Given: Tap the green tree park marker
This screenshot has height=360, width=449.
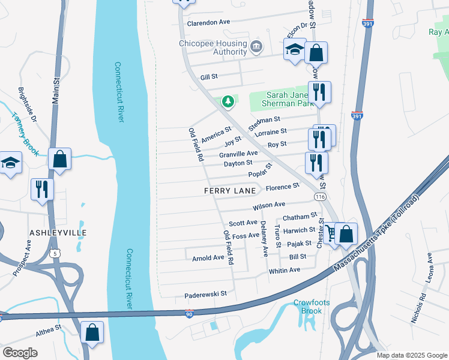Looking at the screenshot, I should (228, 102).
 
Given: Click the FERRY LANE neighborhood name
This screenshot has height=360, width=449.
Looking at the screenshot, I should (230, 191).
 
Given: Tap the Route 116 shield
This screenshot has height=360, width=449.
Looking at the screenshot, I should (321, 197).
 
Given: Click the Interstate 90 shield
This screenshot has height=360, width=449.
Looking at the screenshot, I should (189, 314).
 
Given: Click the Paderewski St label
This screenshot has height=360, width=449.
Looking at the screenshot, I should (205, 294).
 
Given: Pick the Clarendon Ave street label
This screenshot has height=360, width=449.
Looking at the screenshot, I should (209, 22).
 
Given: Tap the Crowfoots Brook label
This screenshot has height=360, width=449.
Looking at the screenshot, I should (311, 307).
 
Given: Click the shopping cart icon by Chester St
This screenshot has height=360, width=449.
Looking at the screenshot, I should (331, 233).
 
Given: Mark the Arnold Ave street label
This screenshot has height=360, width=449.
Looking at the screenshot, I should (208, 258).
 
